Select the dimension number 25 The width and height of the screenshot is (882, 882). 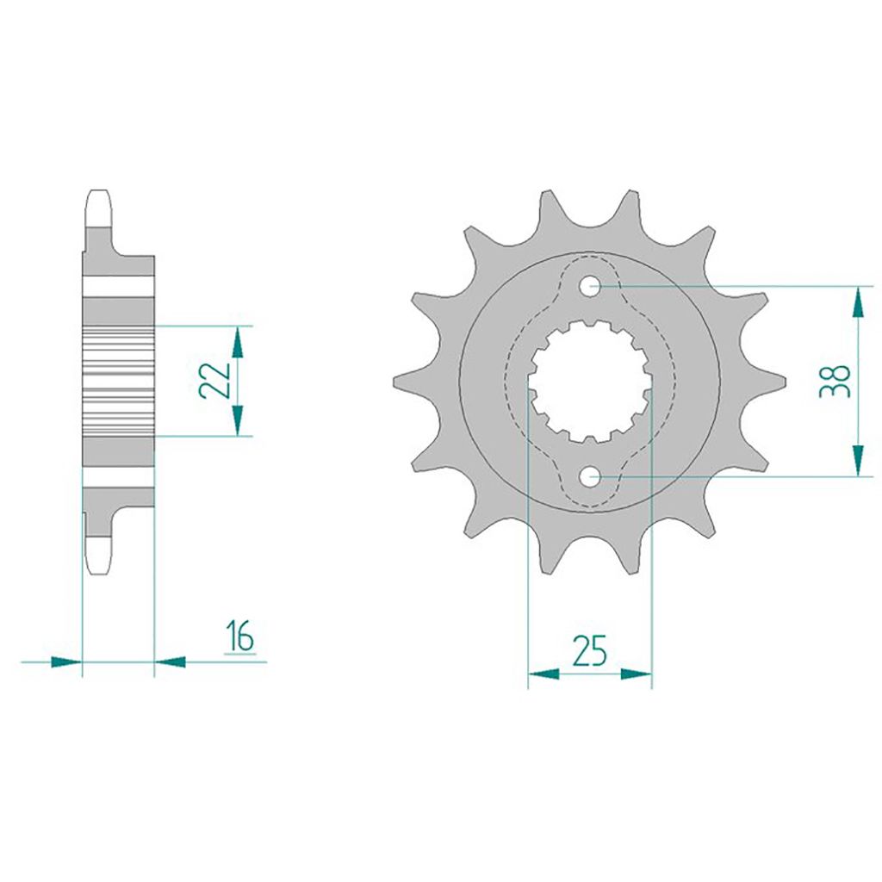coord(589,651)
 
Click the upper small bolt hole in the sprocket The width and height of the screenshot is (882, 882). coord(589,286)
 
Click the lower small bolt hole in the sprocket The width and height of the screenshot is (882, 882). coord(589,478)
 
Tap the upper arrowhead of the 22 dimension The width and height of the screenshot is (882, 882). coord(238,341)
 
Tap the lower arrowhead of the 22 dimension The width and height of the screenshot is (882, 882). coord(238,420)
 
